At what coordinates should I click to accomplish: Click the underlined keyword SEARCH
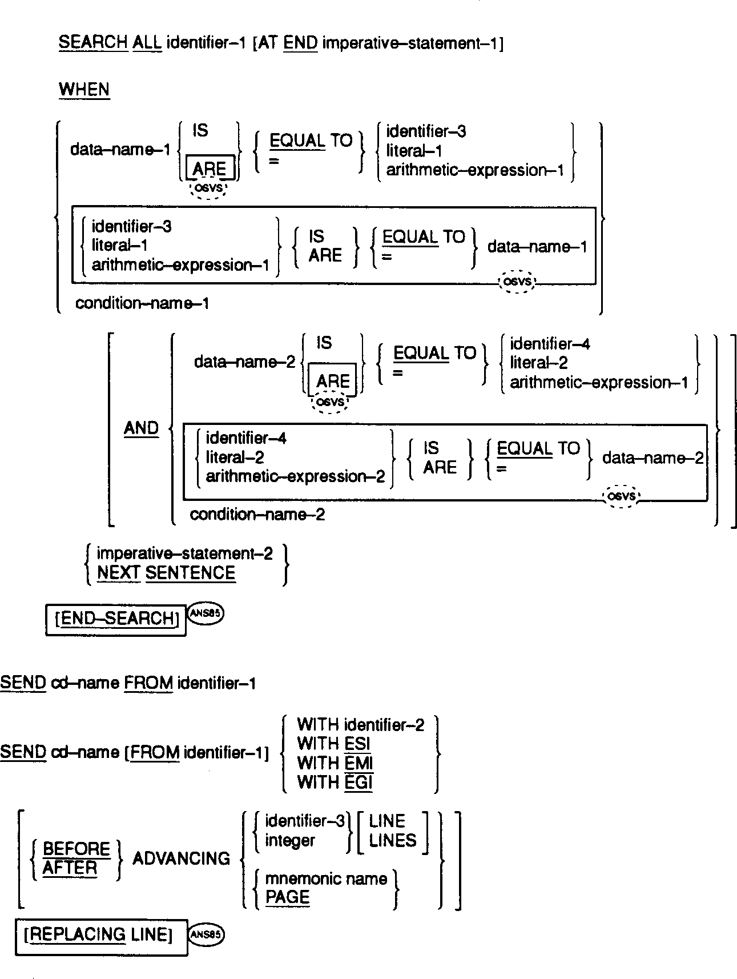(93, 43)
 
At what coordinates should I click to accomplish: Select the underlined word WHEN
(84, 90)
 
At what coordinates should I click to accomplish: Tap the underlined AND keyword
(141, 428)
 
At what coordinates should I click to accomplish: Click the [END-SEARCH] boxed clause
(116, 619)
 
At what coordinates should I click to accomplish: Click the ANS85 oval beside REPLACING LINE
(206, 934)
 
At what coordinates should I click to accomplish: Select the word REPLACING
(78, 935)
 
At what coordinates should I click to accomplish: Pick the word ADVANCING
(181, 858)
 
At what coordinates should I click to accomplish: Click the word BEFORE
(76, 849)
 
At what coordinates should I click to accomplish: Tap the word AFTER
(70, 868)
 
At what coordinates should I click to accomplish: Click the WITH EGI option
(335, 782)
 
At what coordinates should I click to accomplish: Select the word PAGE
(287, 897)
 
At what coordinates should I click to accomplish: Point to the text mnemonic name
(326, 878)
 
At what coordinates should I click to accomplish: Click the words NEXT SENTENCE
(166, 573)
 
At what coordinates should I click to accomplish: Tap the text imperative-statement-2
(185, 553)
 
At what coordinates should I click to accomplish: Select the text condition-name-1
(142, 303)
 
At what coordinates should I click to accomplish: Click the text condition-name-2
(257, 515)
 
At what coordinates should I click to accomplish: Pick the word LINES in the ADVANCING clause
(393, 840)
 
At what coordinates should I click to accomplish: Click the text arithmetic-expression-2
(295, 476)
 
